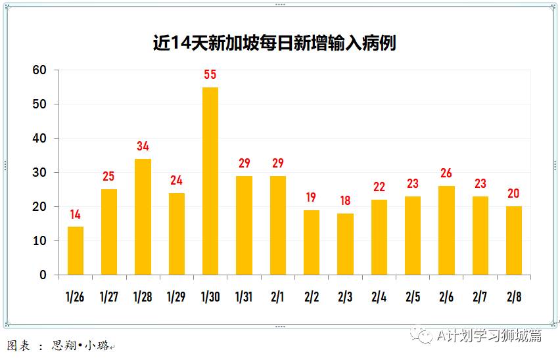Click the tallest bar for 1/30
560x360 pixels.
click(x=210, y=181)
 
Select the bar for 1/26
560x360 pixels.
click(x=76, y=250)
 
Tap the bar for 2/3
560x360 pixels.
click(x=345, y=244)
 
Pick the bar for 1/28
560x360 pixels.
click(x=143, y=217)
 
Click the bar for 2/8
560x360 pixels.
click(x=514, y=240)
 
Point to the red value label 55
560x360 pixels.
click(x=210, y=75)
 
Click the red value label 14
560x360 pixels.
click(x=76, y=214)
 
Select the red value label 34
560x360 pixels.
click(x=143, y=146)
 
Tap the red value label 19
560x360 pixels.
click(x=312, y=197)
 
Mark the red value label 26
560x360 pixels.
click(x=446, y=173)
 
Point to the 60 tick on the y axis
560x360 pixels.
click(x=40, y=70)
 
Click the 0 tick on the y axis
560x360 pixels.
click(x=43, y=275)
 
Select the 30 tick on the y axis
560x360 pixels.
click(x=40, y=173)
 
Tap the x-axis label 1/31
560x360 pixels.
click(x=244, y=297)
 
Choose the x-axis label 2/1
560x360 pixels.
click(x=277, y=297)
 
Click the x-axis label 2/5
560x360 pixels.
click(x=412, y=297)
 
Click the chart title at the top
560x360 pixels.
click(x=275, y=43)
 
